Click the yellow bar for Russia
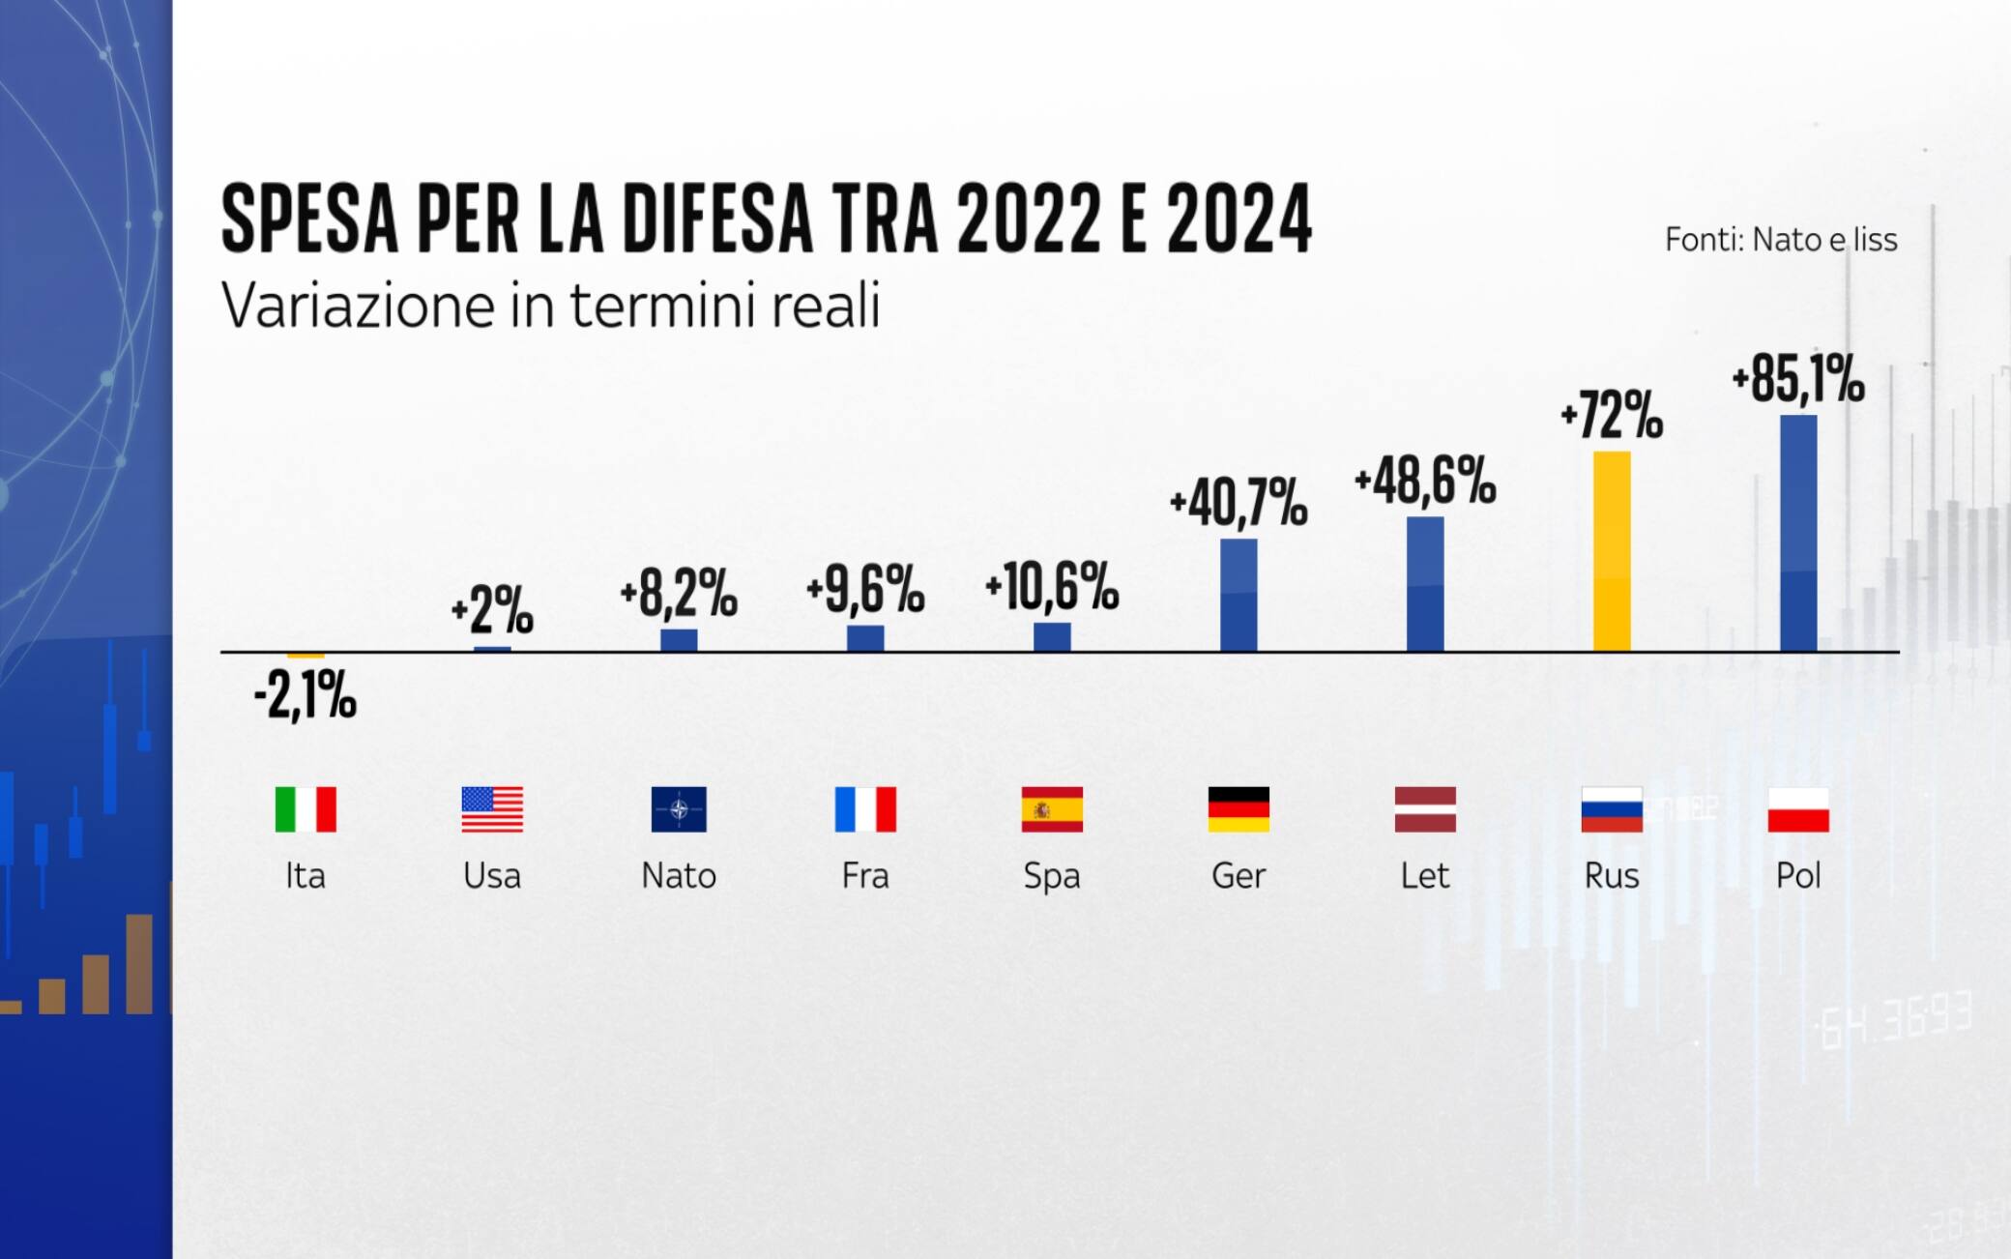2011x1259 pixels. point(1612,551)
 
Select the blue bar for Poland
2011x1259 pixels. point(1798,534)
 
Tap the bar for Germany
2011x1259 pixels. point(1239,595)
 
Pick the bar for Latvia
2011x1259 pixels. point(1425,584)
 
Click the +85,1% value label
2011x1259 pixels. point(1798,379)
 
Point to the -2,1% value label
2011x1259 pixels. point(306,695)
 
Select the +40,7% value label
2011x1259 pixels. point(1239,503)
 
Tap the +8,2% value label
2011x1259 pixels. point(679,593)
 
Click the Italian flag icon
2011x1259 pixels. point(306,809)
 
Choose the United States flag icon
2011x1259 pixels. point(492,809)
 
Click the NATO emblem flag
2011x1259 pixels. point(679,809)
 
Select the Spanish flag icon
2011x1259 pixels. point(1052,809)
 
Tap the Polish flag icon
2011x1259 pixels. point(1798,809)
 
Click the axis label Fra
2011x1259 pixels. point(865,876)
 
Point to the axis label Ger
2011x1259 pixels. point(1239,876)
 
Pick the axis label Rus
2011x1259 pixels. point(1612,876)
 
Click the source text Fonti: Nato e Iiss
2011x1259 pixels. point(1781,240)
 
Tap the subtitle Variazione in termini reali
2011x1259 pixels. point(551,307)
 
